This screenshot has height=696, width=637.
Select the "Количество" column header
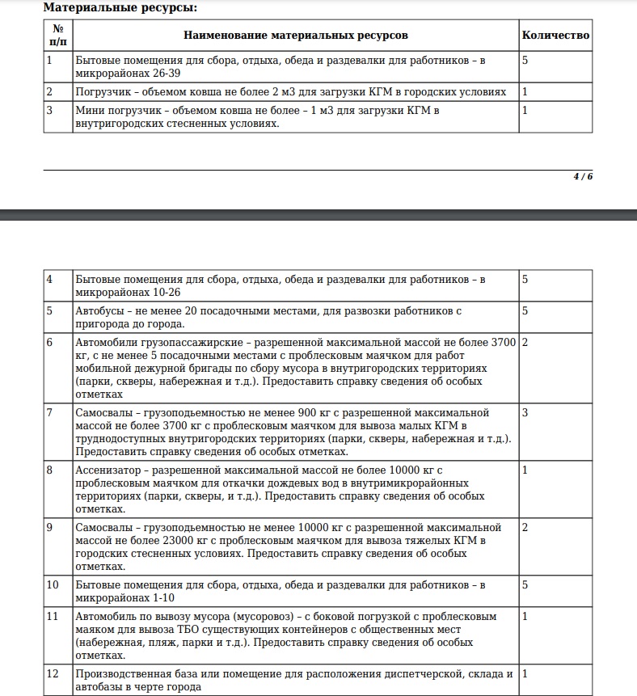555,36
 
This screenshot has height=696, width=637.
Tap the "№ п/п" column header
57,36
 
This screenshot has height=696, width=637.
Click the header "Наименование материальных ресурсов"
296,36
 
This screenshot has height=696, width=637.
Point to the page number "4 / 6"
583,177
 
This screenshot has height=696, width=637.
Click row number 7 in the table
50,413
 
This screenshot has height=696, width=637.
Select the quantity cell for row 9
525,527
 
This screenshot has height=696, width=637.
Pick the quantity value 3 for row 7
525,413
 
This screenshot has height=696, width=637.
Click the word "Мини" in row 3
88,110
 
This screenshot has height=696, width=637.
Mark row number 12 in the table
53,673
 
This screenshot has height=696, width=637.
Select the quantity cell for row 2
525,91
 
